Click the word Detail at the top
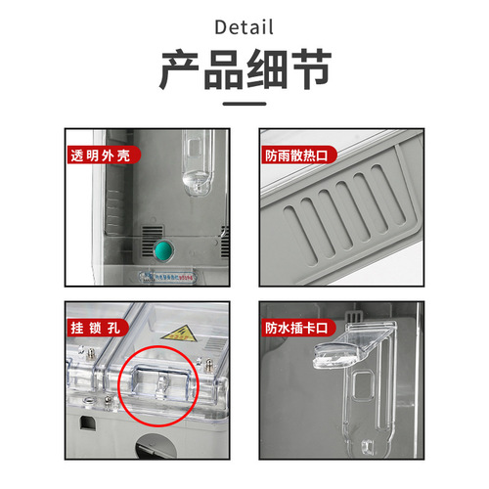tap(244, 25)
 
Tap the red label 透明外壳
tap(105, 156)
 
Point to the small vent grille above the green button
tap(153, 235)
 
